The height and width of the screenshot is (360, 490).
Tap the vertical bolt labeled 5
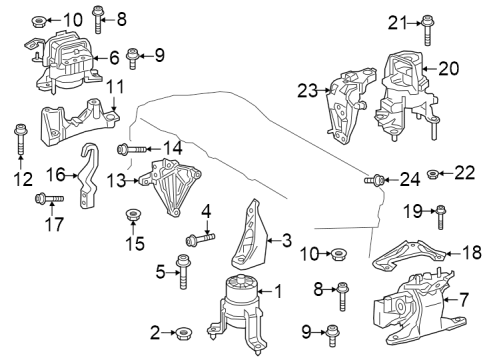click(183, 269)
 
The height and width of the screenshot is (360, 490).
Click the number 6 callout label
click(114, 58)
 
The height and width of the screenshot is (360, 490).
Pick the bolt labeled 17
click(47, 200)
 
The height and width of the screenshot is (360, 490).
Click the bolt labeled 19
click(440, 215)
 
